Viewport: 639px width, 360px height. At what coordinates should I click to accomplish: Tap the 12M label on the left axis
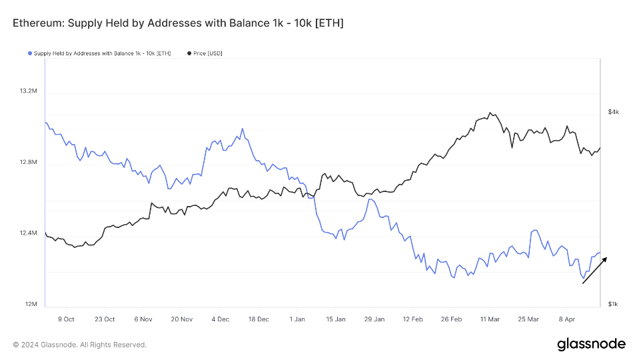coord(30,305)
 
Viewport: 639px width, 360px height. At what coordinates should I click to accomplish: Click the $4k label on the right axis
coord(613,112)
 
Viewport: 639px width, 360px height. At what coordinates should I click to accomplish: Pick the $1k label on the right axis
coord(613,305)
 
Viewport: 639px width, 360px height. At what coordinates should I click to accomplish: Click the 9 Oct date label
coord(66,319)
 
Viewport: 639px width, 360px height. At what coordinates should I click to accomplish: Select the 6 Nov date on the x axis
coord(144,319)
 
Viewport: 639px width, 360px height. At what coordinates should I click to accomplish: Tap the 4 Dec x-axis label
coord(220,319)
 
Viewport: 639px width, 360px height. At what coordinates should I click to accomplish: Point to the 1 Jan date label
coord(297,319)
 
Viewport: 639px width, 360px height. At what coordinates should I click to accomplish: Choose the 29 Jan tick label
coord(374,319)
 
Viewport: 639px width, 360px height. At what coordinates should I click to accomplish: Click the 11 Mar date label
coord(490,319)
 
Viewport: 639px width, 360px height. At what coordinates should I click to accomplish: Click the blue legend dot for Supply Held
coord(30,53)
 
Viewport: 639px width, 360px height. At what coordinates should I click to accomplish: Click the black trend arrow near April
coord(594,271)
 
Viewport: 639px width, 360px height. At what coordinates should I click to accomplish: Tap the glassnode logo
coord(591,344)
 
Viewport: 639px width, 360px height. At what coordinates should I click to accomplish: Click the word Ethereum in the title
coord(33,23)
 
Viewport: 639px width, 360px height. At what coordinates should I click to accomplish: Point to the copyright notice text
coord(79,345)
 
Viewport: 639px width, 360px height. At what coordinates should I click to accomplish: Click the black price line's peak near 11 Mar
coord(490,113)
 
